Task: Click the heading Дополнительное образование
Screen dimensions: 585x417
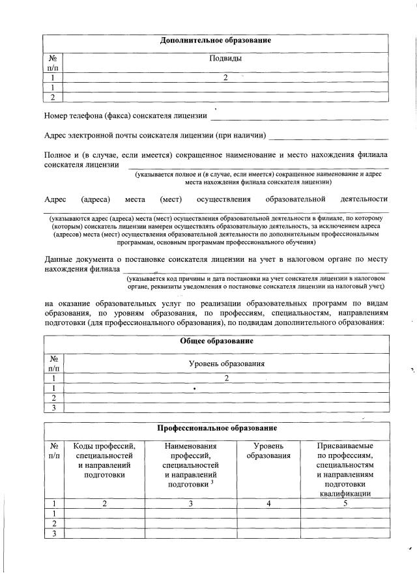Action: (x=216, y=41)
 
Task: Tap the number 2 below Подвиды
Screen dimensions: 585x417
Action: (x=225, y=78)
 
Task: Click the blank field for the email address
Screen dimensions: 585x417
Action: (x=328, y=139)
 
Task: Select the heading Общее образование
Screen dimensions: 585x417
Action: (x=216, y=341)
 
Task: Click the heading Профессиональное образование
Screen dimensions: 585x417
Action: (x=216, y=428)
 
